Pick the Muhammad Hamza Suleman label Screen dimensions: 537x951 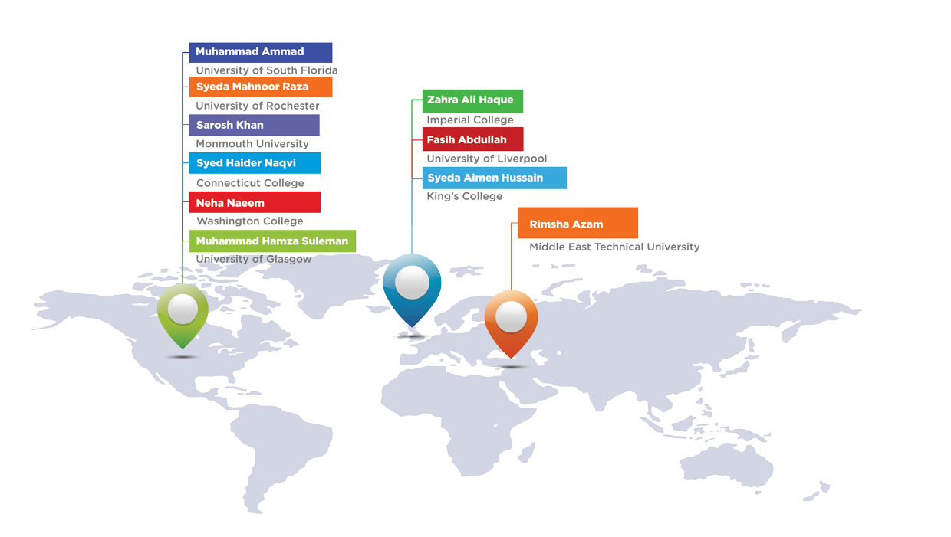click(x=272, y=241)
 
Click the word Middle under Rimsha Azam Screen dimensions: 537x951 click(x=547, y=247)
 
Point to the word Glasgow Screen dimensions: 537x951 click(x=289, y=260)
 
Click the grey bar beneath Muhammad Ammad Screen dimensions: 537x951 click(x=266, y=70)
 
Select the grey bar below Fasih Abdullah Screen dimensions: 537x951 click(x=486, y=159)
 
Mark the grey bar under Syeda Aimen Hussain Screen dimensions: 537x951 click(x=464, y=197)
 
